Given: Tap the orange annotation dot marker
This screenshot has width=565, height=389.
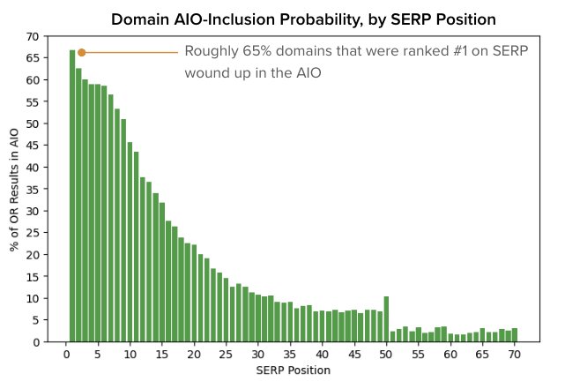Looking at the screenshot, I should (81, 52).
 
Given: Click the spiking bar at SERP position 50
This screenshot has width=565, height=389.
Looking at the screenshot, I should (386, 318).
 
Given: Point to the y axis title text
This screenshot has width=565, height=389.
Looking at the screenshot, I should (14, 189).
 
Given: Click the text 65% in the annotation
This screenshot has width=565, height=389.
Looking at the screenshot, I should (255, 52).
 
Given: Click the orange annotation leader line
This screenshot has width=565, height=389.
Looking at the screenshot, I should (132, 52).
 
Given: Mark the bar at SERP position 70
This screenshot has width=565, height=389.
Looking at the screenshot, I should (514, 335).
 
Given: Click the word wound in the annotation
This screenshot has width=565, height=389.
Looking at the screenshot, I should (206, 73).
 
